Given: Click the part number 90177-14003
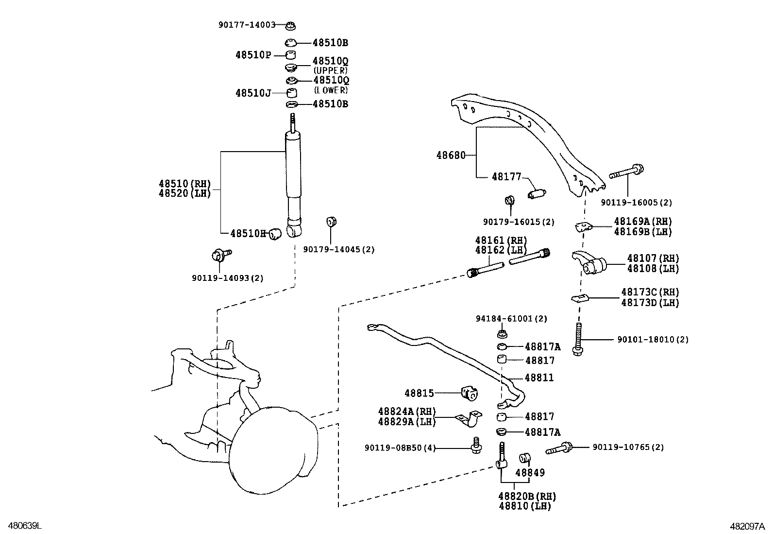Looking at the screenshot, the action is pyautogui.click(x=247, y=25).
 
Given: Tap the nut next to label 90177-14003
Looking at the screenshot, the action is pyautogui.click(x=291, y=26).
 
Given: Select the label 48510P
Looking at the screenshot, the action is pyautogui.click(x=253, y=55).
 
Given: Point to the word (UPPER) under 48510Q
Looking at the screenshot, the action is pyautogui.click(x=330, y=70).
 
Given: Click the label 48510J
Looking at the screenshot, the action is pyautogui.click(x=253, y=93).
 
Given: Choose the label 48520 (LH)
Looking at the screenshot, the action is pyautogui.click(x=185, y=193).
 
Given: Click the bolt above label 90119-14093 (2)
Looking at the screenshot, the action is pyautogui.click(x=221, y=255).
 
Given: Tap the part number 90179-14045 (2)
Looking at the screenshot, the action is pyautogui.click(x=339, y=249).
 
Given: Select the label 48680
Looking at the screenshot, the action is pyautogui.click(x=451, y=155).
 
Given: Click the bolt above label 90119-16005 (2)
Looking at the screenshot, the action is pyautogui.click(x=626, y=172).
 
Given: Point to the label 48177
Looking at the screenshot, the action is pyautogui.click(x=506, y=177).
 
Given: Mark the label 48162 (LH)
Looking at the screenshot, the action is pyautogui.click(x=501, y=250).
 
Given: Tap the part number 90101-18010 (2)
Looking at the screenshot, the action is pyautogui.click(x=653, y=340).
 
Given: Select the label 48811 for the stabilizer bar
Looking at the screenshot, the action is pyautogui.click(x=539, y=378).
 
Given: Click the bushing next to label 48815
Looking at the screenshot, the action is pyautogui.click(x=470, y=394).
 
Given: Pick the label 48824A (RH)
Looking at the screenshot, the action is pyautogui.click(x=407, y=412).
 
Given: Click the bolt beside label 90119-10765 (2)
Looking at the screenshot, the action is pyautogui.click(x=559, y=448).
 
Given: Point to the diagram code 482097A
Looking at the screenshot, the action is pyautogui.click(x=747, y=526).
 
